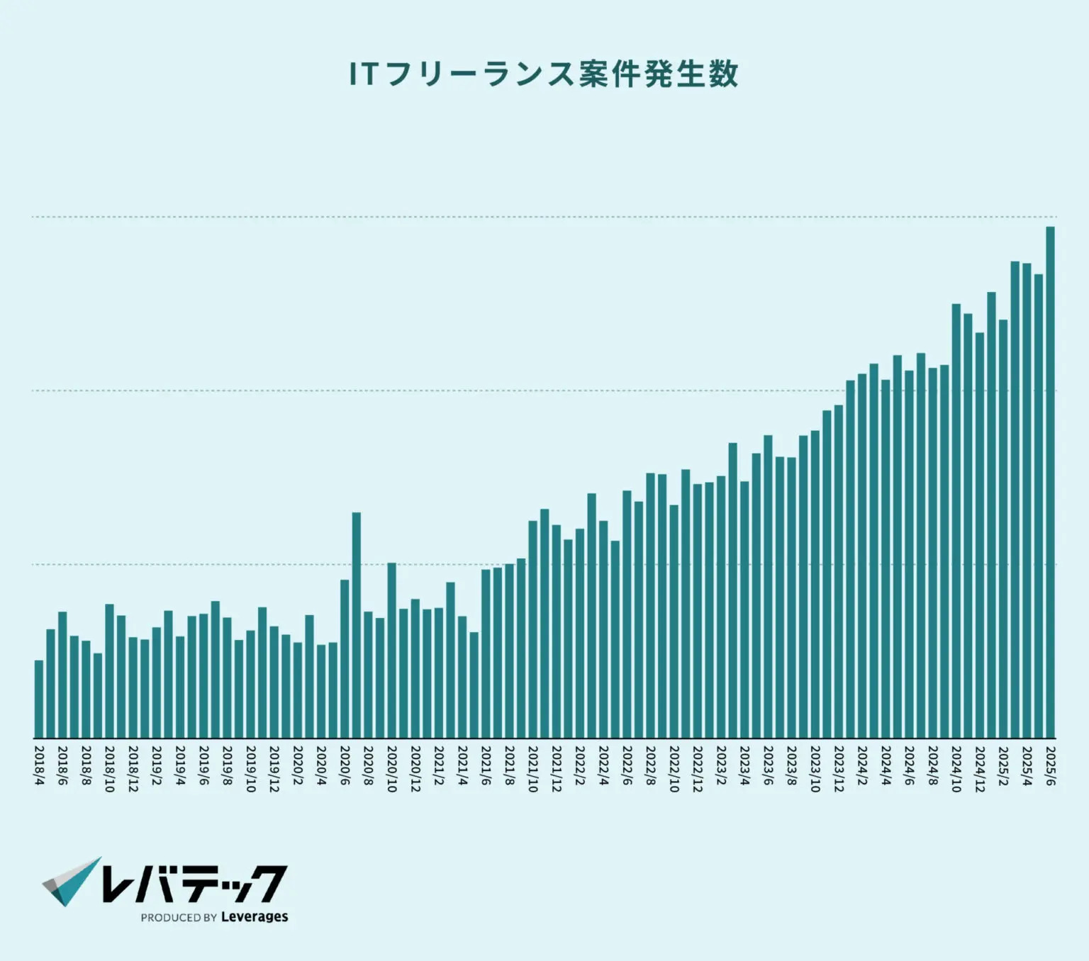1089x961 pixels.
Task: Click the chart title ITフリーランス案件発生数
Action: point(544,74)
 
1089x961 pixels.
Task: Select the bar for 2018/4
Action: point(39,699)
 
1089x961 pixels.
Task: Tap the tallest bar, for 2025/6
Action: point(1050,482)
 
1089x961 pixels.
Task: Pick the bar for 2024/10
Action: point(956,521)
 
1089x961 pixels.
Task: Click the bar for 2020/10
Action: point(391,650)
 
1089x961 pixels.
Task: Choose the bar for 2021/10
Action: point(532,629)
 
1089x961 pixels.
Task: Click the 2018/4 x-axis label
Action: point(39,765)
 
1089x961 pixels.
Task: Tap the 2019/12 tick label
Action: point(274,768)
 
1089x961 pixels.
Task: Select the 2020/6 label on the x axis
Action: point(345,765)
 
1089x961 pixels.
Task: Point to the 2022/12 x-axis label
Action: point(698,768)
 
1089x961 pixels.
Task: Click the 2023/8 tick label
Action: point(791,765)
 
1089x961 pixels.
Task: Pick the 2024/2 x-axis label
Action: point(862,765)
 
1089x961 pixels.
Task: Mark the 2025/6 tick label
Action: point(1050,765)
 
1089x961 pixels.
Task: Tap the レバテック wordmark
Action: point(194,883)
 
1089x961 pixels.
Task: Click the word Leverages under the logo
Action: point(255,917)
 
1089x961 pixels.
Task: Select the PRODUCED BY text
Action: point(179,918)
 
